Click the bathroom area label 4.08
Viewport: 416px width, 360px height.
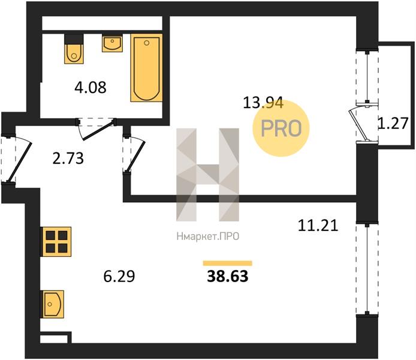coord(91,88)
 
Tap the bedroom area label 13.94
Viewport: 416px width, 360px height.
coord(263,103)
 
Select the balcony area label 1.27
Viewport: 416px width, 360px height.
coord(393,123)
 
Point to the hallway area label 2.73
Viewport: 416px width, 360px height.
coord(68,158)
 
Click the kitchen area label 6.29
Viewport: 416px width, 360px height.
coord(119,276)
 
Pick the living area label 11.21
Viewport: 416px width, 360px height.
coord(318,226)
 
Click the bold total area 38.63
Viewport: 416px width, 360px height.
coord(228,276)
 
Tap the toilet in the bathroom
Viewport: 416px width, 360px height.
coord(74,49)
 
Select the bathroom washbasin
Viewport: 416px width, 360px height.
coord(112,43)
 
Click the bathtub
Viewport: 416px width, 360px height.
coord(146,68)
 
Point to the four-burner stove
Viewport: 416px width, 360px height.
coord(56,242)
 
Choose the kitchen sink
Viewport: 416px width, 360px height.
coord(52,304)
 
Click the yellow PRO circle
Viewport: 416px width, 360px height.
coord(281,128)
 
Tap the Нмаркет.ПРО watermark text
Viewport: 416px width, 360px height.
coord(208,236)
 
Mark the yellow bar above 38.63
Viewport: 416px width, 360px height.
coord(227,263)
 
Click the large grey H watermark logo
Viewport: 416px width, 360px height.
coord(208,175)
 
